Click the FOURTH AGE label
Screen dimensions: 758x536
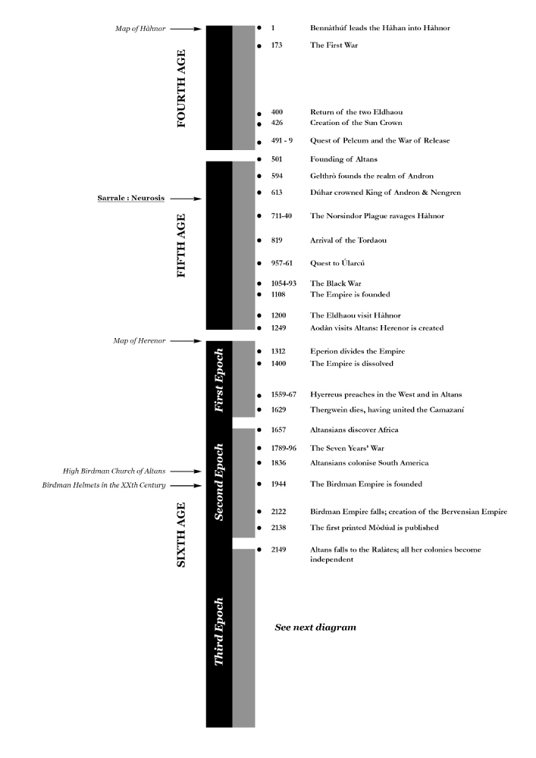(181, 88)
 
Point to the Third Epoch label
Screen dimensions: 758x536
(220, 635)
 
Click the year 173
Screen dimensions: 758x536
(277, 45)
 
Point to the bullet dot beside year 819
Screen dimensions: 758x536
(259, 241)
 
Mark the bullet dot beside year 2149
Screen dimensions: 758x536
(259, 549)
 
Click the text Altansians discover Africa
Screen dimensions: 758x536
(354, 430)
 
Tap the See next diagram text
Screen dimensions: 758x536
(315, 628)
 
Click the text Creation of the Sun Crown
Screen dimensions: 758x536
(356, 122)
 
